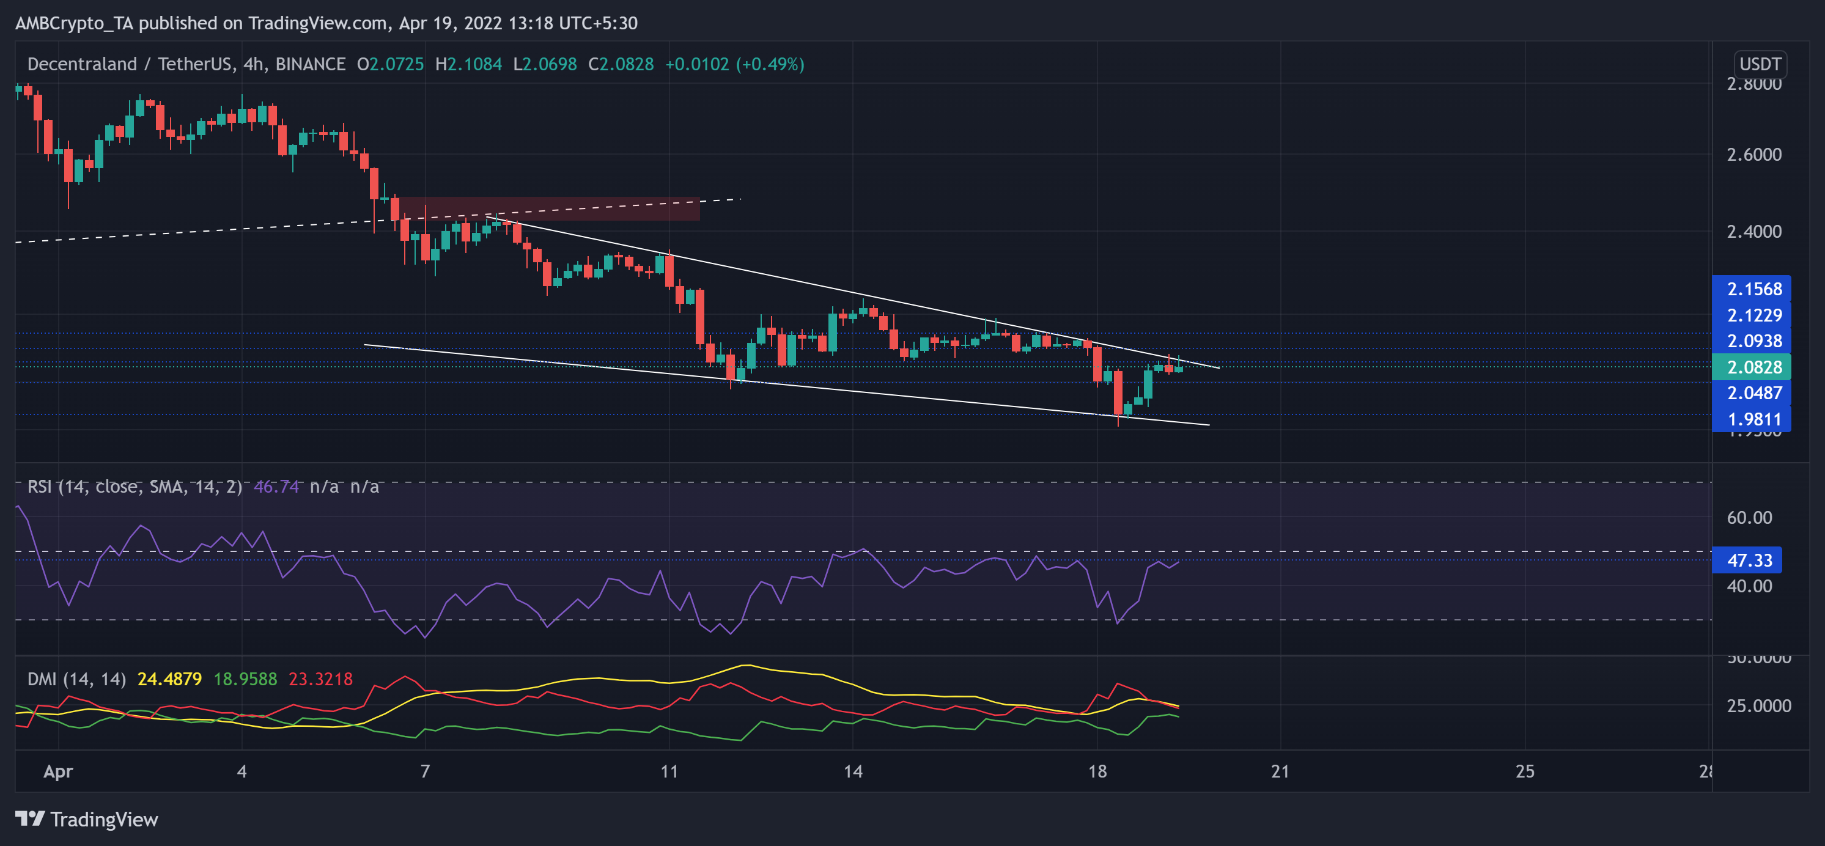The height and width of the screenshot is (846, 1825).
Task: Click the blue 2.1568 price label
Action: (1752, 289)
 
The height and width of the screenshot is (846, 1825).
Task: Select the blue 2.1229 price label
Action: (1752, 315)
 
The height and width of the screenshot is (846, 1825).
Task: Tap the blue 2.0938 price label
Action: (1752, 341)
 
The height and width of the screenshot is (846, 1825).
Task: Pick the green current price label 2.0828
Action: (1752, 367)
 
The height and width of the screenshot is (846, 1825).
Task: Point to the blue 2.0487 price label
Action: (1752, 392)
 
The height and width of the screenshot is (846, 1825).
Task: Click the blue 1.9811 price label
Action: (1752, 419)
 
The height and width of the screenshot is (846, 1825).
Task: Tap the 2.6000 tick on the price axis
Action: (1753, 155)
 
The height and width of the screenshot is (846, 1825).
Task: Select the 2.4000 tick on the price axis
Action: (1753, 232)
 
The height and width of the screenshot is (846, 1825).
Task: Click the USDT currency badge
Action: (1760, 64)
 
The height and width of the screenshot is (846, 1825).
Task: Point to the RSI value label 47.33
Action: (1748, 561)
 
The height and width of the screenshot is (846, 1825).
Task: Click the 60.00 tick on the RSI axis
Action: (1749, 518)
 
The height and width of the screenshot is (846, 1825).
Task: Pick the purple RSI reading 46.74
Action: (276, 487)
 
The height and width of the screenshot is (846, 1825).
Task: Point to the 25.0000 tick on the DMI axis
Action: (1758, 705)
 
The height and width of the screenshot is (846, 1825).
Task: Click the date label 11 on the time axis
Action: (669, 771)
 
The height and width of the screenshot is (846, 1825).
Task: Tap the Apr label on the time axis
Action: (58, 771)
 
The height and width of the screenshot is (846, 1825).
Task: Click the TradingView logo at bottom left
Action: (86, 820)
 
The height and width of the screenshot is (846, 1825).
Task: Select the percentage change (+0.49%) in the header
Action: (770, 64)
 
